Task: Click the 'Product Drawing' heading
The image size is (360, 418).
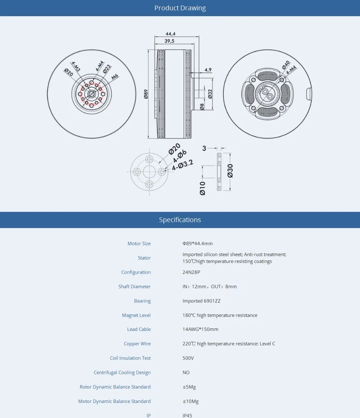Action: click(x=180, y=8)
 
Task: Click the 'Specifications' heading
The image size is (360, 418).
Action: click(x=180, y=220)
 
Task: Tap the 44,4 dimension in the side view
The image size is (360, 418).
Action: click(x=171, y=34)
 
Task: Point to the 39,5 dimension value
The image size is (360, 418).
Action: click(x=169, y=41)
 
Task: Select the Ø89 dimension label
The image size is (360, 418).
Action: click(x=146, y=94)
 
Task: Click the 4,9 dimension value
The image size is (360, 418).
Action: click(x=208, y=70)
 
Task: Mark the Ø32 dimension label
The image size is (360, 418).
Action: click(x=210, y=94)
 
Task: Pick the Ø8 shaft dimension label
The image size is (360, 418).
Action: click(x=202, y=106)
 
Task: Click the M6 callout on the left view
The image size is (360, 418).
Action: click(x=115, y=76)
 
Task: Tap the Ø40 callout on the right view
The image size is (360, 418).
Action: click(x=285, y=65)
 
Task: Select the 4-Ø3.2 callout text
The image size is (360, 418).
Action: click(x=183, y=165)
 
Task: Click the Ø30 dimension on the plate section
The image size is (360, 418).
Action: click(x=230, y=171)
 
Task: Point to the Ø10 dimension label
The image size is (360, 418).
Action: click(x=202, y=188)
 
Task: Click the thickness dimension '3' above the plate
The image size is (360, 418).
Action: click(x=204, y=148)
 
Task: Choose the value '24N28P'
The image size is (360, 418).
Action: click(x=191, y=272)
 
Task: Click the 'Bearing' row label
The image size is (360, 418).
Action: click(x=142, y=301)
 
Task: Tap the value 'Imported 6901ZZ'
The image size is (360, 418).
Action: click(x=201, y=301)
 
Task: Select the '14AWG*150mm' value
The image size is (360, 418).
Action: click(x=200, y=330)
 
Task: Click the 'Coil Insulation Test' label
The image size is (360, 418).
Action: click(x=130, y=358)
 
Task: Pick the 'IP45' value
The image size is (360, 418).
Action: click(x=187, y=415)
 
